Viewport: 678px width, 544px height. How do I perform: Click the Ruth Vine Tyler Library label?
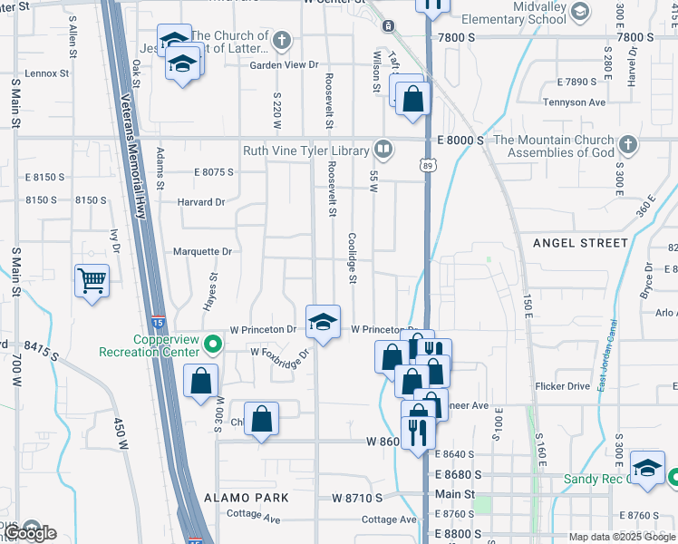click(305, 151)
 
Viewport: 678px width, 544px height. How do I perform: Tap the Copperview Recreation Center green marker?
click(214, 345)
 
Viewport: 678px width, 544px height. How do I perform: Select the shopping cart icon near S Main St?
click(92, 281)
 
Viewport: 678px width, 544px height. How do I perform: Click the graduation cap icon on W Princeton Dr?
click(323, 322)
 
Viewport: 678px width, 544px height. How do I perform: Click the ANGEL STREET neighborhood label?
click(580, 243)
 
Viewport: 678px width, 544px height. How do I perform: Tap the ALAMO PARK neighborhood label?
click(247, 498)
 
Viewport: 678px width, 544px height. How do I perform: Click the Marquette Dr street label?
click(202, 252)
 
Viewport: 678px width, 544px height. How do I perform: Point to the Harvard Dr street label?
click(200, 202)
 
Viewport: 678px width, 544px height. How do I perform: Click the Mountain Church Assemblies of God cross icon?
click(626, 146)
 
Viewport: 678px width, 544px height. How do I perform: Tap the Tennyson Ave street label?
click(574, 102)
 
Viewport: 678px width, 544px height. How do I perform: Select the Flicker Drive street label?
click(562, 386)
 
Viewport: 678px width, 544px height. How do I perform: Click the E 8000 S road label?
click(460, 141)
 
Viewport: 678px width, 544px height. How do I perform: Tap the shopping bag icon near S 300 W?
click(200, 381)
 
